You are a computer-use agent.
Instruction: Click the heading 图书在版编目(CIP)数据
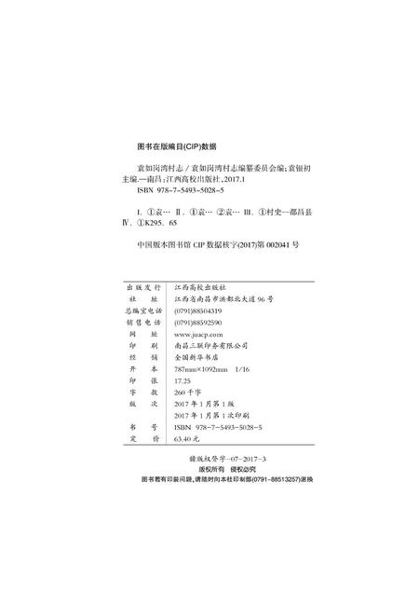pos(176,147)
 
